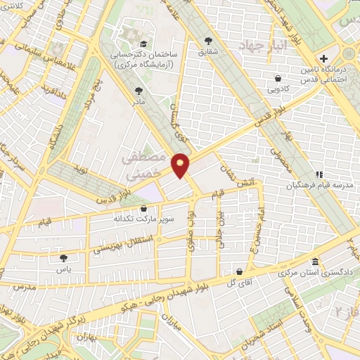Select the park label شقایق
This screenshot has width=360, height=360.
[x=208, y=51]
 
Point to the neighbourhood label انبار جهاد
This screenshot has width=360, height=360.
[x=250, y=48]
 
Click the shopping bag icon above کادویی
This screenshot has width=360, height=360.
[x=279, y=78]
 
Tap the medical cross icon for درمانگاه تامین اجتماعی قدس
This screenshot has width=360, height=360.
[x=323, y=58]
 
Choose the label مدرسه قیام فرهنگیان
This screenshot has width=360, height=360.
[x=288, y=186]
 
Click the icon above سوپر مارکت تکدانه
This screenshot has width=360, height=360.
[x=144, y=208]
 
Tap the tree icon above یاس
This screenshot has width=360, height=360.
[x=65, y=259]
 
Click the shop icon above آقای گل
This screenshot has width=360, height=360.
[x=239, y=271]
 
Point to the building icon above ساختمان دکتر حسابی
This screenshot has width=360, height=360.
[x=130, y=32]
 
